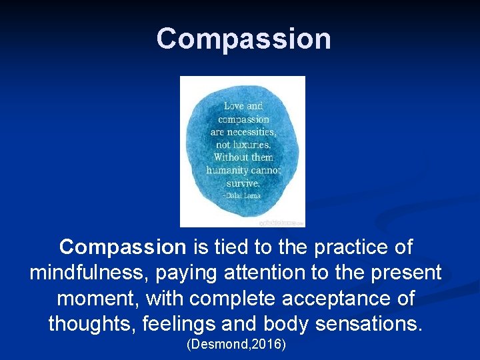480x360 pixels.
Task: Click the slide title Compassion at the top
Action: (243, 39)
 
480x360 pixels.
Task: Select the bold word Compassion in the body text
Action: (123, 247)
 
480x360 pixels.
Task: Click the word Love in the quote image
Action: (233, 106)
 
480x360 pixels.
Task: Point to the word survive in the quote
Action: (243, 183)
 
